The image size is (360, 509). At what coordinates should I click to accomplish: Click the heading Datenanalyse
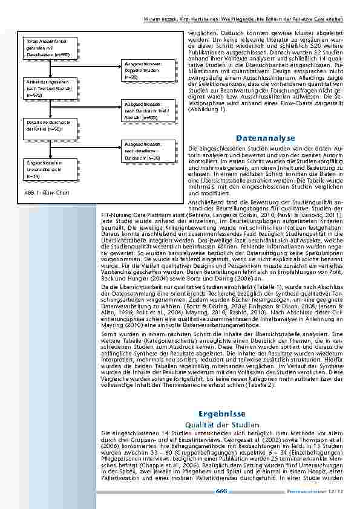(x=266, y=138)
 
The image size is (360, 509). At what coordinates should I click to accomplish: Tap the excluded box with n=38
(x=142, y=151)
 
